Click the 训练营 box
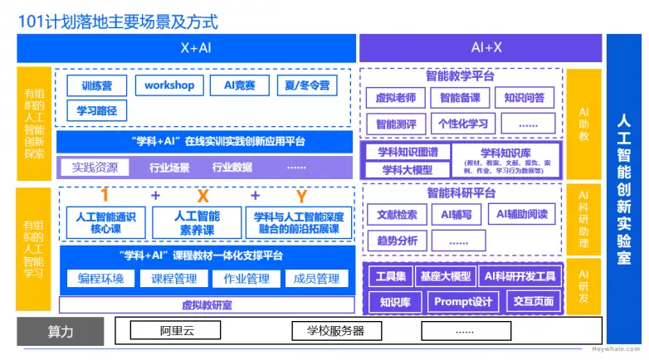point(97,85)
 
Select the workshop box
point(169,85)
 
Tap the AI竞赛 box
point(239,85)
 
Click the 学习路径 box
point(97,109)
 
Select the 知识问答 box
point(525,98)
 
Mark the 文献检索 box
point(397,214)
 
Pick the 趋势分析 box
point(397,241)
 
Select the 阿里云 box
point(177,332)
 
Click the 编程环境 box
point(100,279)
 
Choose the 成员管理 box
point(316,279)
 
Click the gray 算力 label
point(61,332)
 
